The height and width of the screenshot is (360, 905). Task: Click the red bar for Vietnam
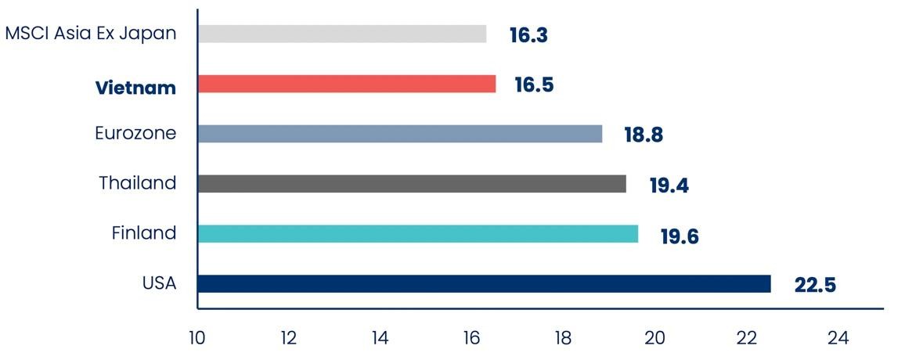(347, 84)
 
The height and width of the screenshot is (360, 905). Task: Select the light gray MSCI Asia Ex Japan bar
(342, 34)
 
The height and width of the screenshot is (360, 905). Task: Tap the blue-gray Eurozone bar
(400, 134)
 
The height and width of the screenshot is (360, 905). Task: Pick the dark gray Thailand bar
(412, 184)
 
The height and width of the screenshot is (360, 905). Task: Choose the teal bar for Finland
(418, 234)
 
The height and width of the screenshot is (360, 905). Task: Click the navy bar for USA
(484, 283)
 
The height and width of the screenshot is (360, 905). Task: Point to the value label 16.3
(528, 35)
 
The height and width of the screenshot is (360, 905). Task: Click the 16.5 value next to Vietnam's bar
(534, 85)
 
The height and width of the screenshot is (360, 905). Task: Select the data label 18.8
(644, 135)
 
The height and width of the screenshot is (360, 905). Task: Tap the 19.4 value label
(669, 185)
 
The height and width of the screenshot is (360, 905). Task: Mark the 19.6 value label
(679, 236)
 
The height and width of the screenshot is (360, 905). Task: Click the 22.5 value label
(815, 286)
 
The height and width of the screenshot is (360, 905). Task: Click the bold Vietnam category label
(135, 88)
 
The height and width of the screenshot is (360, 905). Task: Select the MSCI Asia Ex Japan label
(90, 34)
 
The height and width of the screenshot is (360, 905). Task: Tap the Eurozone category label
(135, 134)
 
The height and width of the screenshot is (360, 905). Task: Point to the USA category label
(159, 283)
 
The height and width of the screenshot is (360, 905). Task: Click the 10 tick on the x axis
(197, 338)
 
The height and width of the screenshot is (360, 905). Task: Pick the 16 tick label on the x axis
(471, 338)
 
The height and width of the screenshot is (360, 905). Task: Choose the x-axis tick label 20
(654, 338)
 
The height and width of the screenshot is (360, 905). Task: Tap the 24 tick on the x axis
(838, 338)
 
